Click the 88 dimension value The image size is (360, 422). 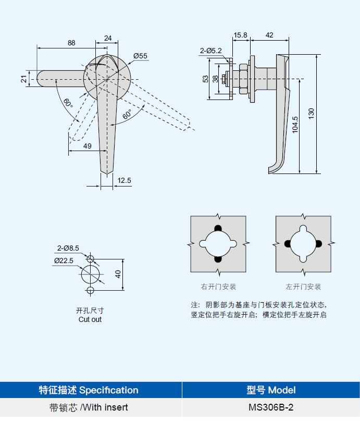click(x=71, y=43)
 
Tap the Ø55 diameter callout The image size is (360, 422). click(x=140, y=56)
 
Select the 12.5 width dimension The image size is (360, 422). click(x=125, y=180)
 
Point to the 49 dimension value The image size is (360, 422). click(x=87, y=146)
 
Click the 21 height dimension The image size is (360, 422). click(x=23, y=79)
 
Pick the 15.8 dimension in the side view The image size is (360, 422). click(x=240, y=35)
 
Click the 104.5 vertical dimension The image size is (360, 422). click(x=295, y=126)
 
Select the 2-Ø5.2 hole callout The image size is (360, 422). click(x=210, y=51)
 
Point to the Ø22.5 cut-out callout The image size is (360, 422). click(x=64, y=260)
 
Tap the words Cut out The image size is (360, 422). click(x=90, y=319)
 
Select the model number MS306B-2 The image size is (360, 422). click(x=271, y=407)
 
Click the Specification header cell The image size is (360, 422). click(x=89, y=390)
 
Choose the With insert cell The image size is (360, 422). click(x=89, y=407)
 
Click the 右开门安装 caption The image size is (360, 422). click(x=219, y=287)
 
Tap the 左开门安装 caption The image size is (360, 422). click(x=303, y=287)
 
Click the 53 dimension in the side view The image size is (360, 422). click(x=205, y=79)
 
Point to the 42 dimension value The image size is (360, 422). click(x=269, y=35)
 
